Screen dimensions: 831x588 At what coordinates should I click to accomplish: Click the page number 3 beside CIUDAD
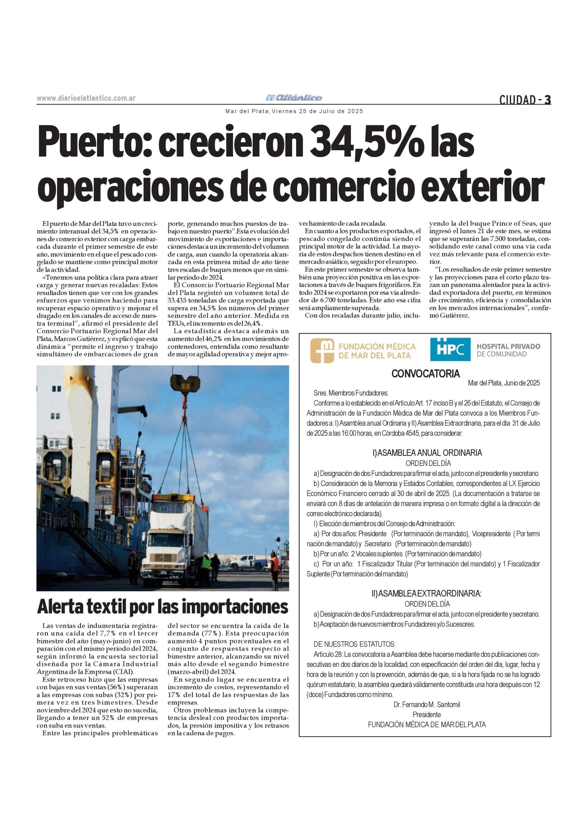pyautogui.click(x=547, y=100)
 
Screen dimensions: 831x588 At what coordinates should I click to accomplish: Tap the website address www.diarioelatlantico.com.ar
pyautogui.click(x=86, y=98)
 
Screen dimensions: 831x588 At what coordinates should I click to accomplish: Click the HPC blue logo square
pyautogui.click(x=450, y=349)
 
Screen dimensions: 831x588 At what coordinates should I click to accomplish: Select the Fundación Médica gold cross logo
pyautogui.click(x=322, y=350)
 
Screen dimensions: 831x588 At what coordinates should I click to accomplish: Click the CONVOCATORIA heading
pyautogui.click(x=425, y=374)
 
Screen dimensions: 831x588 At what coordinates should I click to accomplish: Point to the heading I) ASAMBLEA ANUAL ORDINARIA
pyautogui.click(x=427, y=453)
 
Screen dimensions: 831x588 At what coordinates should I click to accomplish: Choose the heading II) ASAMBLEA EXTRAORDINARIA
pyautogui.click(x=426, y=594)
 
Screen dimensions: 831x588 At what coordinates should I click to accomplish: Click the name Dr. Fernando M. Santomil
pyautogui.click(x=427, y=704)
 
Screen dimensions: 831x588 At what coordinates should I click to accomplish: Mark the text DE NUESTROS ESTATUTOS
pyautogui.click(x=355, y=644)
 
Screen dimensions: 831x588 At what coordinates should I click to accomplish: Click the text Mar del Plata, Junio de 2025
pyautogui.click(x=504, y=383)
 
